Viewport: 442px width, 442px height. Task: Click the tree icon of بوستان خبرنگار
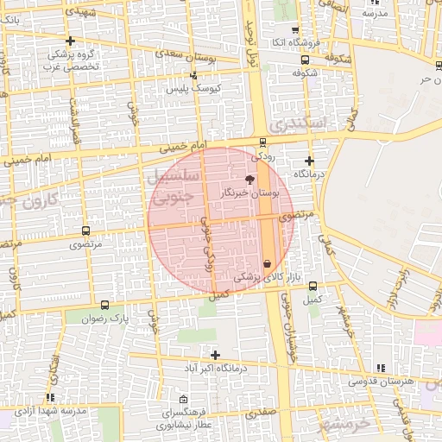pyautogui.click(x=250, y=180)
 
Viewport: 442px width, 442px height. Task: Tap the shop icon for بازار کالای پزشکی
pyautogui.click(x=266, y=263)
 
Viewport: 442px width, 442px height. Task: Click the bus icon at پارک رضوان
pyautogui.click(x=105, y=305)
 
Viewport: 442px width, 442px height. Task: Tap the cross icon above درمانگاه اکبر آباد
pyautogui.click(x=215, y=355)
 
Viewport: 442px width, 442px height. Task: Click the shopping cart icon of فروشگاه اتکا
pyautogui.click(x=295, y=29)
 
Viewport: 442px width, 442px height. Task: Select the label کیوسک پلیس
pyautogui.click(x=194, y=89)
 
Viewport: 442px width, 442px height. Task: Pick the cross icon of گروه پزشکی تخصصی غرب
pyautogui.click(x=70, y=41)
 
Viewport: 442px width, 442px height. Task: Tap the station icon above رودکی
pyautogui.click(x=262, y=143)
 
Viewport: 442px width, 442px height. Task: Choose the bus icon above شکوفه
pyautogui.click(x=306, y=60)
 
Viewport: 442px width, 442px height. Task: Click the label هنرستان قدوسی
pyautogui.click(x=382, y=381)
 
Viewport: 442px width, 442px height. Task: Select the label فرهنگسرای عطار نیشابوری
pyautogui.click(x=185, y=420)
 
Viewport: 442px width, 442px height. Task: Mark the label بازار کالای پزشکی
pyautogui.click(x=260, y=278)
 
